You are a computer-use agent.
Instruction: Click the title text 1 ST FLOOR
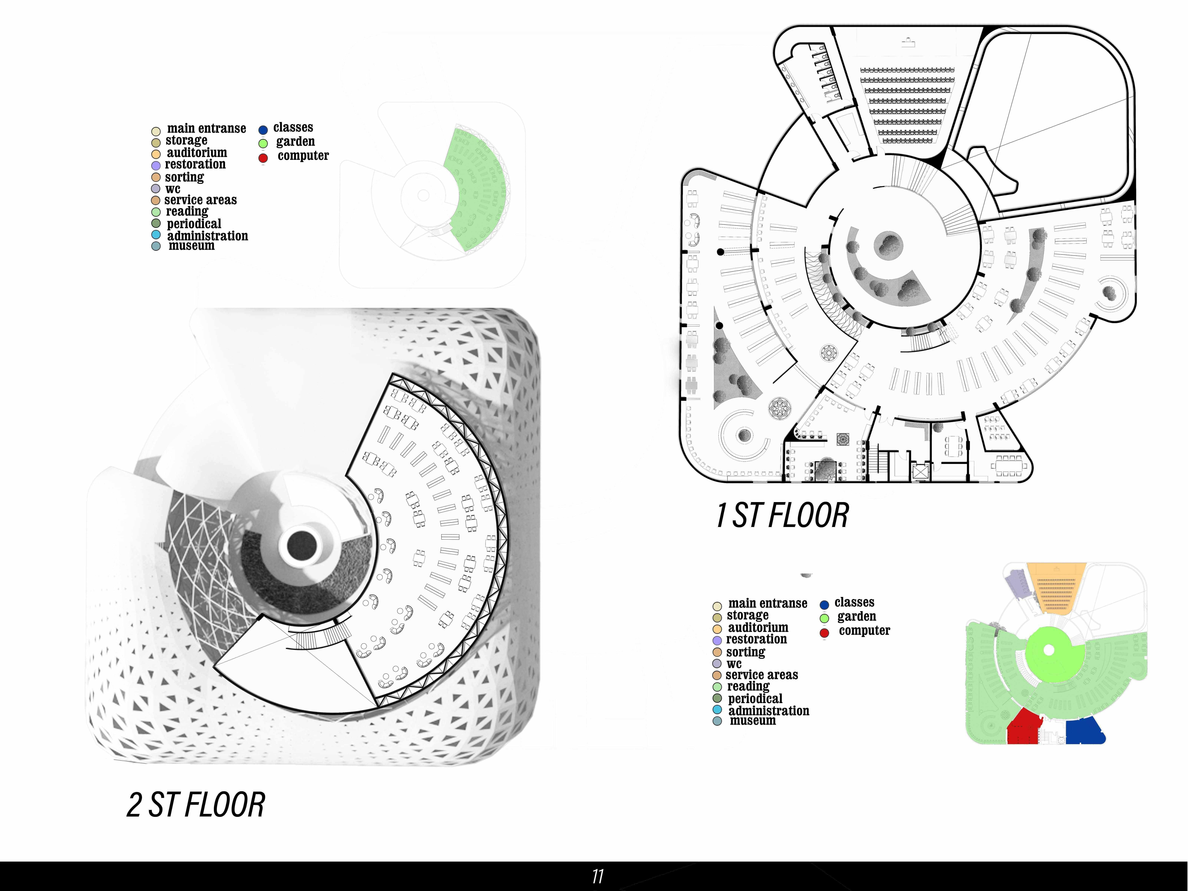783,516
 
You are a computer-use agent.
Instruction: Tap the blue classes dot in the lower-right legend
824,605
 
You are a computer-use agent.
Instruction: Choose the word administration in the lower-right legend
769,710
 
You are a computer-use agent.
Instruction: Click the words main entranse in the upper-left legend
206,128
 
